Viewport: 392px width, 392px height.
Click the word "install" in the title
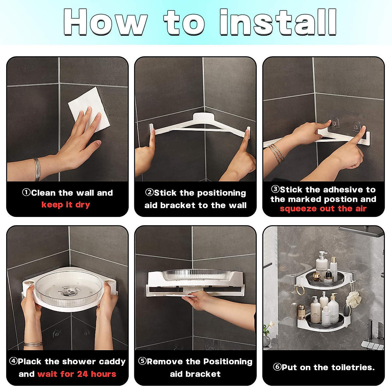(x=278, y=22)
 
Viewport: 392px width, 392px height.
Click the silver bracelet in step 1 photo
(x=37, y=169)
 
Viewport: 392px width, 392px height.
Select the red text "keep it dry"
(x=66, y=204)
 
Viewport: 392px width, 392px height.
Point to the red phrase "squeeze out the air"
(x=323, y=209)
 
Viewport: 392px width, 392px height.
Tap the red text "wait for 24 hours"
(x=77, y=374)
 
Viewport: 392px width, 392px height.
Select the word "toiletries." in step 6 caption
(x=353, y=367)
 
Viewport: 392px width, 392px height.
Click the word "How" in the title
(x=106, y=22)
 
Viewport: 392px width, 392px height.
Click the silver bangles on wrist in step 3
(x=276, y=153)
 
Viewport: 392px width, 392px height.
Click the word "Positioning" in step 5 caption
(x=228, y=362)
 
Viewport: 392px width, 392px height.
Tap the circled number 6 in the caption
(x=277, y=367)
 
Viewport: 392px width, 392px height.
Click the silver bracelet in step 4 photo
(x=33, y=345)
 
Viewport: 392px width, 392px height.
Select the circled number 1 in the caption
(x=26, y=192)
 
